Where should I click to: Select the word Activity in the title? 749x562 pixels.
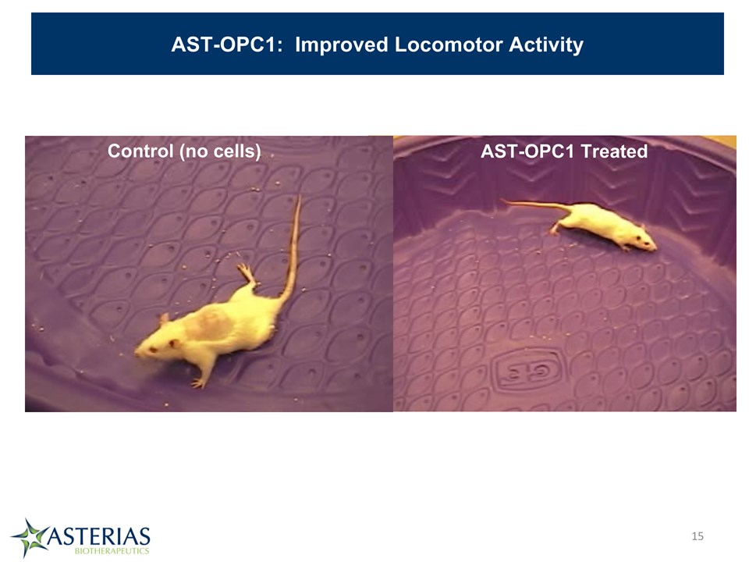pyautogui.click(x=546, y=45)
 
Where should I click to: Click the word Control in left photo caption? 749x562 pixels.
pyautogui.click(x=140, y=151)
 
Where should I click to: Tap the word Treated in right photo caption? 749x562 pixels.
pyautogui.click(x=614, y=151)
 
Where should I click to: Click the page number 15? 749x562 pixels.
pyautogui.click(x=698, y=536)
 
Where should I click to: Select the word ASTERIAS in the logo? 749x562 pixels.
pyautogui.click(x=99, y=536)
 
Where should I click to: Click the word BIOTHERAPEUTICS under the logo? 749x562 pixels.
pyautogui.click(x=112, y=550)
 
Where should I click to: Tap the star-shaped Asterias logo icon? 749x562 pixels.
pyautogui.click(x=30, y=538)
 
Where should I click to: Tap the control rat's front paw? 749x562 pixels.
pyautogui.click(x=197, y=382)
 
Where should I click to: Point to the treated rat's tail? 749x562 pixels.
pyautogui.click(x=535, y=205)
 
